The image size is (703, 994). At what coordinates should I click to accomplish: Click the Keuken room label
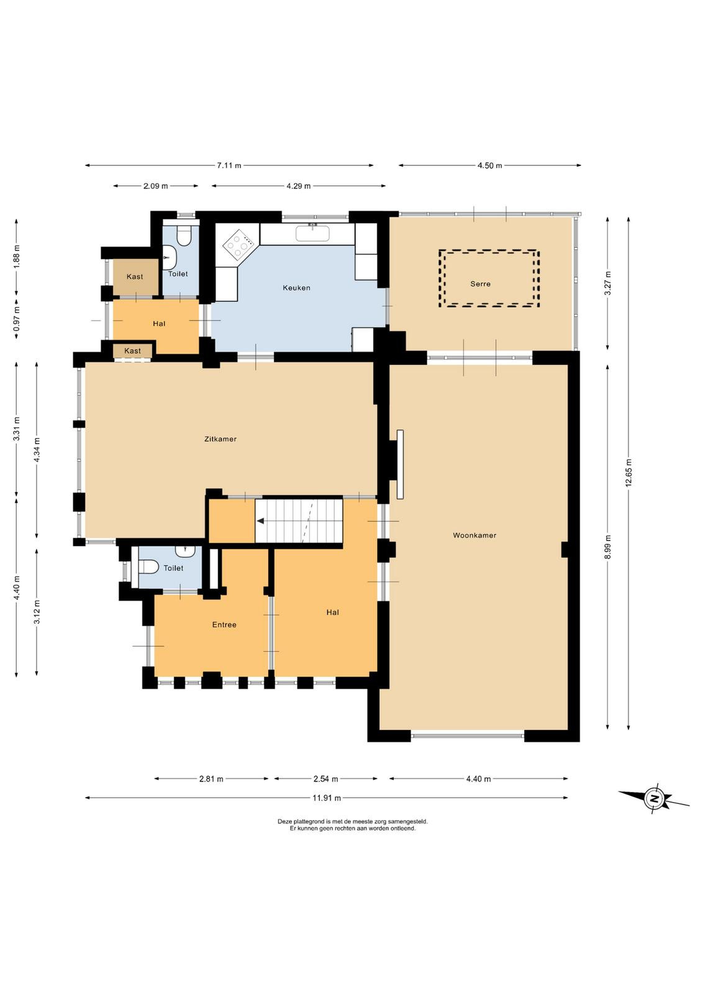(296, 288)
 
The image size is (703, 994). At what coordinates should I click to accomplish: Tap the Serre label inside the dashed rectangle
(480, 283)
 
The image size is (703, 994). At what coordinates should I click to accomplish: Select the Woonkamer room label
(474, 535)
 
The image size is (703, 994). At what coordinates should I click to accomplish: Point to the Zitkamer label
(220, 439)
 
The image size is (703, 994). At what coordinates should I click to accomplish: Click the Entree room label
(224, 624)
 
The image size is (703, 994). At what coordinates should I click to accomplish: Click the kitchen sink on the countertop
(313, 232)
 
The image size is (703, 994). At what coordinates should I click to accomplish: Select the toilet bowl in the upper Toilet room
(183, 235)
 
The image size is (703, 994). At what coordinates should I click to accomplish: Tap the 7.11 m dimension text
(229, 165)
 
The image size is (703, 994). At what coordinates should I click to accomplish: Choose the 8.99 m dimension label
(607, 547)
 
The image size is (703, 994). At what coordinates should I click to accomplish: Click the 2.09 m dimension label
(156, 186)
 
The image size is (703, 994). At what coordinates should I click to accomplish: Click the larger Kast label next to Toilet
(135, 276)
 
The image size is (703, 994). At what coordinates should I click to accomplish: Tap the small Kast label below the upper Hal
(133, 350)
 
